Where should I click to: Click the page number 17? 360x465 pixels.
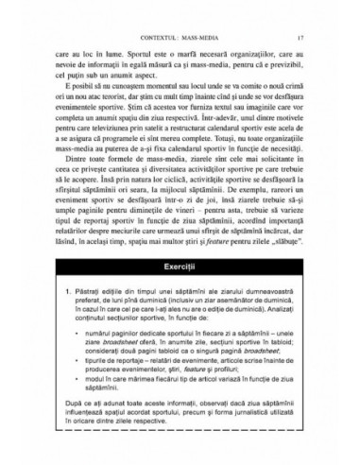pos(300,10)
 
